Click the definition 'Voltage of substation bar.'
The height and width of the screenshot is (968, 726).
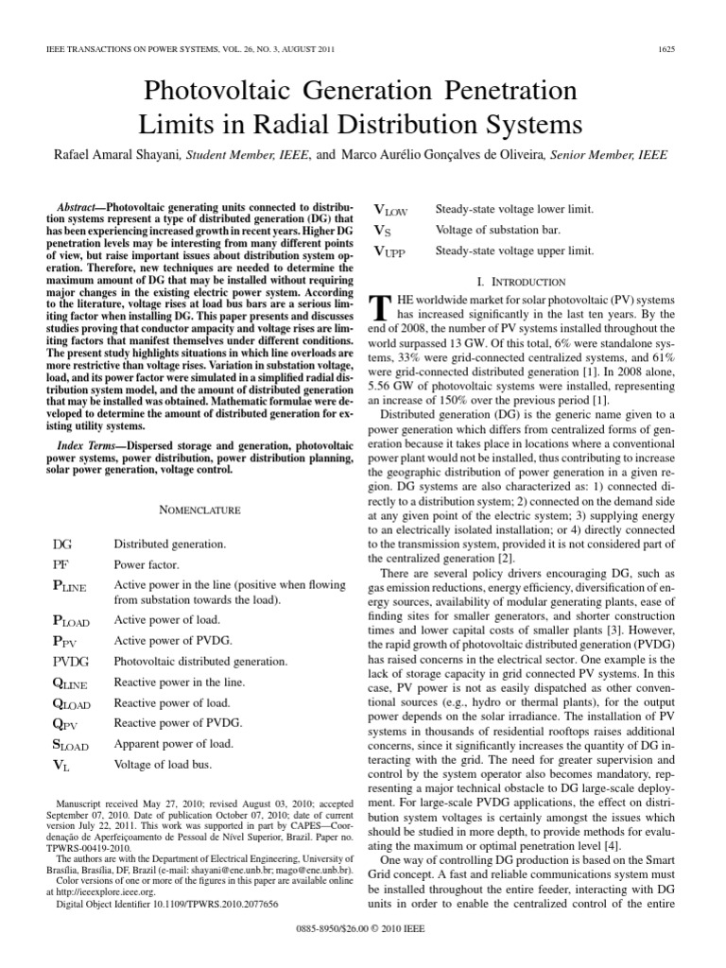pos(498,230)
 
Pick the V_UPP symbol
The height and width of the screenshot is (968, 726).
pos(395,251)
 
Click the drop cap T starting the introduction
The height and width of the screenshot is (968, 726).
pos(380,306)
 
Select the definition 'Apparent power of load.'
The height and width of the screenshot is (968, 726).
pos(173,743)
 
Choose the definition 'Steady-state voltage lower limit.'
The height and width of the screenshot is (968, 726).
pos(514,208)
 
